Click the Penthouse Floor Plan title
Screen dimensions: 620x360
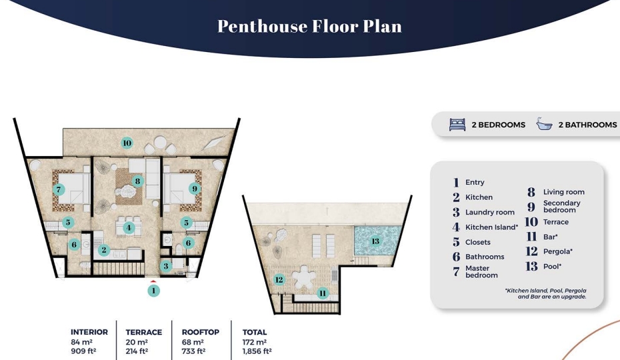coord(309,26)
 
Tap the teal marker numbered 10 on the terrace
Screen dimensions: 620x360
coord(127,143)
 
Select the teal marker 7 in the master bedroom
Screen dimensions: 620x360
coord(59,189)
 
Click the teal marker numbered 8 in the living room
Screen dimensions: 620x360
coord(137,181)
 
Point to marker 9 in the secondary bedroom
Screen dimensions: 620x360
coord(194,189)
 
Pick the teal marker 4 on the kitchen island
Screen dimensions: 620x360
coord(129,228)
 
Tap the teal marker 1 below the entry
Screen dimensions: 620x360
coord(154,291)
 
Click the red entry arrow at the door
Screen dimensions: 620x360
coord(154,281)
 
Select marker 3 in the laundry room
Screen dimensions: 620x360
coord(166,266)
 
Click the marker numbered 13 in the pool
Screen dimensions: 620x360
coord(375,241)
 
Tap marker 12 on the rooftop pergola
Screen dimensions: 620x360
coord(279,280)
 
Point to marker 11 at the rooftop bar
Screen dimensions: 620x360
coord(323,293)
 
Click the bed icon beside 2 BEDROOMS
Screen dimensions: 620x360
coord(457,125)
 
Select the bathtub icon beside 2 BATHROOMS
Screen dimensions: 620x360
coord(545,124)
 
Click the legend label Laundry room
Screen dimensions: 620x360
coord(490,213)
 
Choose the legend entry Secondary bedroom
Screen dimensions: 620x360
coord(561,207)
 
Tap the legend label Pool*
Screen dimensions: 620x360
coord(552,266)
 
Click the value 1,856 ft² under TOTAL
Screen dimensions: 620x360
coord(257,351)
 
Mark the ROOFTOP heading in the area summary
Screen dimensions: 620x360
coord(201,332)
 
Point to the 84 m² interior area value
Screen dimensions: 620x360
coord(81,342)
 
